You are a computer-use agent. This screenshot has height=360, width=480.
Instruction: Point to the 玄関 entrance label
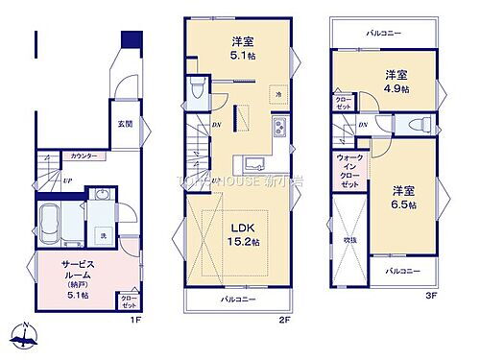(125, 124)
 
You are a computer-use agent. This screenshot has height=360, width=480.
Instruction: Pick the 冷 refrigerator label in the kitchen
(276, 94)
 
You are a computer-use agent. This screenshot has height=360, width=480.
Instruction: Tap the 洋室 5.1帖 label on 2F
(242, 48)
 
